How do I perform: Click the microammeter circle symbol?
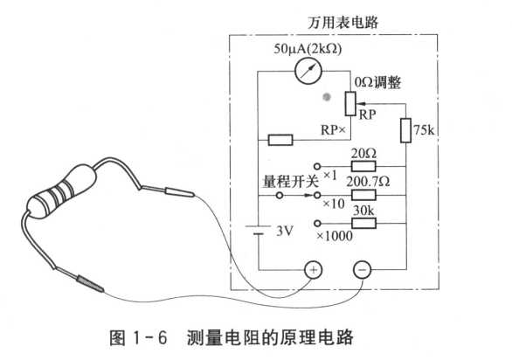point(308,71)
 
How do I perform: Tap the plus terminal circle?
point(313,270)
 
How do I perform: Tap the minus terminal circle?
point(362,270)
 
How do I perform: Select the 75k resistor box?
point(405,130)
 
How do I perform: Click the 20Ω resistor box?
point(363,166)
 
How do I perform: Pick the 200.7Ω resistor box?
point(363,196)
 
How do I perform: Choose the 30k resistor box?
point(363,224)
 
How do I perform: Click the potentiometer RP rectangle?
point(350,104)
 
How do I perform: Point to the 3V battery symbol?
point(258,230)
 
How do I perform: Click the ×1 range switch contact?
point(317,166)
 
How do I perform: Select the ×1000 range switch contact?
point(317,224)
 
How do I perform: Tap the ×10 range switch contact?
point(317,196)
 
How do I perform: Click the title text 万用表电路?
point(342,22)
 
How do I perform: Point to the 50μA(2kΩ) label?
point(308,49)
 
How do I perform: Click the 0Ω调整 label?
point(377,82)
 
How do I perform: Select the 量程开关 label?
point(290,181)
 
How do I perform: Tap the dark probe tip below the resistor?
point(90,284)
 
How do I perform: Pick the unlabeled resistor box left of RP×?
point(280,140)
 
